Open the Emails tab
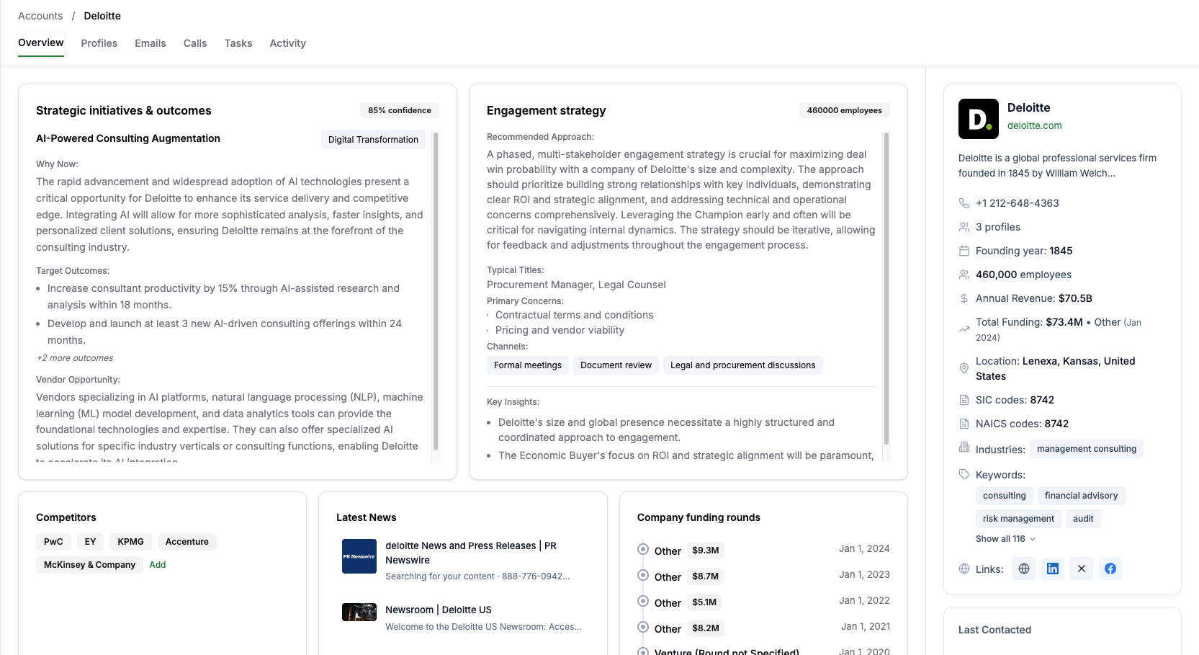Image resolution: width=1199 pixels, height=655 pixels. [x=150, y=43]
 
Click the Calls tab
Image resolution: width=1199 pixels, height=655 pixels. [x=194, y=43]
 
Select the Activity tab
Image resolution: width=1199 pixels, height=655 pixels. [x=287, y=43]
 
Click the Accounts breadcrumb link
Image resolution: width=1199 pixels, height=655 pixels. [x=40, y=16]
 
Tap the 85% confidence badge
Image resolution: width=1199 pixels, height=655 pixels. [x=399, y=110]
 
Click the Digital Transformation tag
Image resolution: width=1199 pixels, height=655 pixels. [x=373, y=140]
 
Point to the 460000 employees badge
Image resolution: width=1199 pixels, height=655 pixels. [x=844, y=110]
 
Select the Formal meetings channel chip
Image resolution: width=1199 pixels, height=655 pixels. [x=527, y=365]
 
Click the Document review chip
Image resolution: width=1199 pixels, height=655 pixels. [x=616, y=365]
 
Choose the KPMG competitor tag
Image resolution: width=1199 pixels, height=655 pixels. [x=130, y=542]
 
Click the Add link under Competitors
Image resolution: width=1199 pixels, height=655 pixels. [x=157, y=565]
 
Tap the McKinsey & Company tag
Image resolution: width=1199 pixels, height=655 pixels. [x=89, y=565]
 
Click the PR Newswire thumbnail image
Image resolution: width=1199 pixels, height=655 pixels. [x=359, y=556]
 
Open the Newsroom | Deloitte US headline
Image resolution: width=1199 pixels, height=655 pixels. [x=438, y=610]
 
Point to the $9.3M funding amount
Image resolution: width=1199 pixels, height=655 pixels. [x=705, y=551]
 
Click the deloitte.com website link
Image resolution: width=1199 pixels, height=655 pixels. [x=1034, y=125]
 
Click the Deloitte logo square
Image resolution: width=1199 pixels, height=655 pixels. [x=978, y=119]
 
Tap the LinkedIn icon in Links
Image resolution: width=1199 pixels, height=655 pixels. [x=1052, y=569]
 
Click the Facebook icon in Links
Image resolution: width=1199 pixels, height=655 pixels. [x=1110, y=569]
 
